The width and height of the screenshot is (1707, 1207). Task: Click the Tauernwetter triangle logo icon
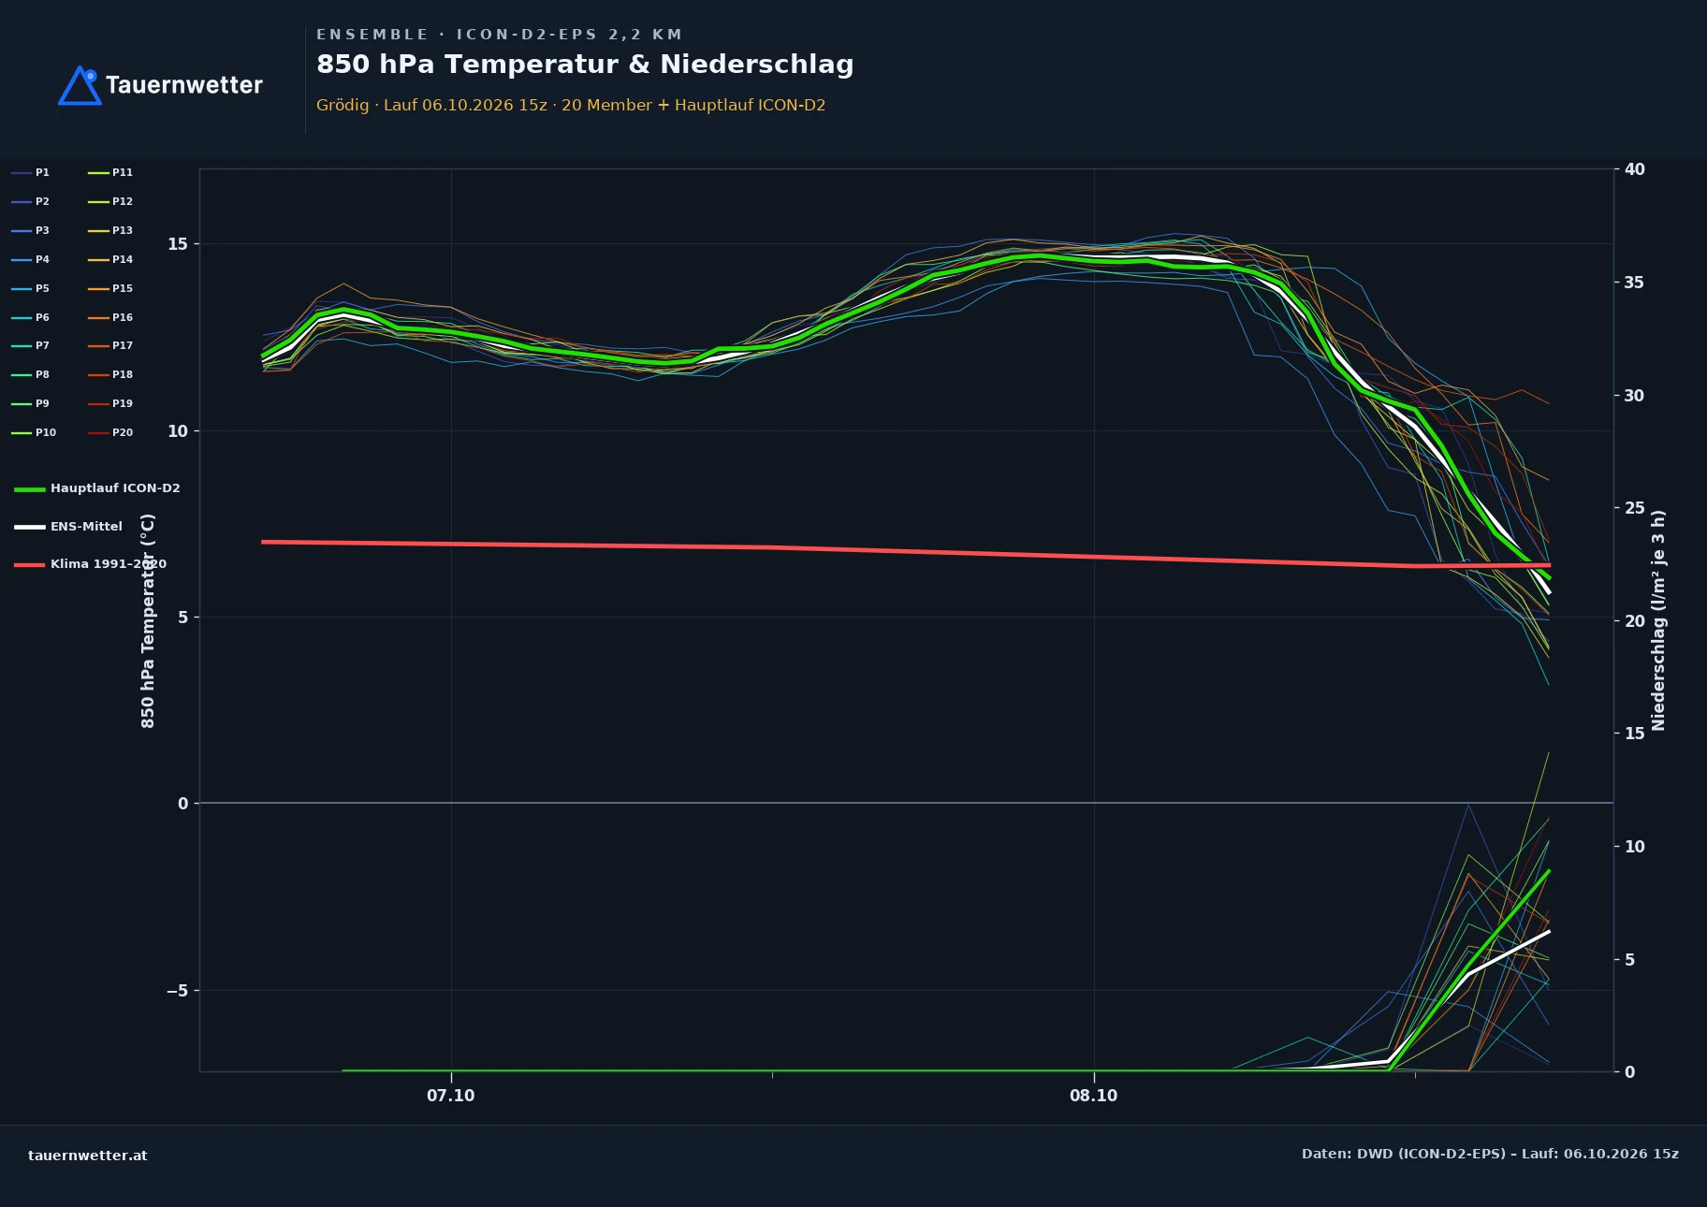tap(80, 85)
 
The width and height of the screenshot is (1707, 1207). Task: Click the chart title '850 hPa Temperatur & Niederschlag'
tap(585, 65)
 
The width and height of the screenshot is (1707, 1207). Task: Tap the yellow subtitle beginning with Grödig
tap(571, 105)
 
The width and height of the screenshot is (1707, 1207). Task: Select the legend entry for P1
tap(31, 172)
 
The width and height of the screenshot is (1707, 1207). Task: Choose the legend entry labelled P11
tap(110, 172)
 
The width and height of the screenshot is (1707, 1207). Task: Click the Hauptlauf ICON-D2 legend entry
tap(97, 488)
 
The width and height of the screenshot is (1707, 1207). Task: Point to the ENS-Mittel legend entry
tap(68, 527)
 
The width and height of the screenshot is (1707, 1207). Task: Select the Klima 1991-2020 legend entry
tap(90, 564)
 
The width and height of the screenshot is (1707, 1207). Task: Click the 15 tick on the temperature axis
tap(178, 244)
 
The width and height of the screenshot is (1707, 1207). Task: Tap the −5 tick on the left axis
tap(178, 991)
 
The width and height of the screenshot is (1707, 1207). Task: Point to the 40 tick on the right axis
tap(1634, 169)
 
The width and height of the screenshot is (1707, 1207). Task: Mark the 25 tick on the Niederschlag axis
tap(1634, 508)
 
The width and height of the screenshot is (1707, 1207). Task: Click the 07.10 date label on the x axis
tap(451, 1096)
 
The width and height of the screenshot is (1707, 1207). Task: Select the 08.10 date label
tap(1094, 1096)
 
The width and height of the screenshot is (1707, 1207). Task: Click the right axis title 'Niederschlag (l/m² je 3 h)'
tap(1658, 620)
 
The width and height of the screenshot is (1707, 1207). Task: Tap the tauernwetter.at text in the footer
tap(88, 1156)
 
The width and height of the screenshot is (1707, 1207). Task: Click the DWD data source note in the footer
tap(1490, 1154)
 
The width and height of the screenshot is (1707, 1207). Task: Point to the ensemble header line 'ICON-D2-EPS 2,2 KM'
tap(570, 35)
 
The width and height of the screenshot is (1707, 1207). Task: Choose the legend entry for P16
tap(110, 317)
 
